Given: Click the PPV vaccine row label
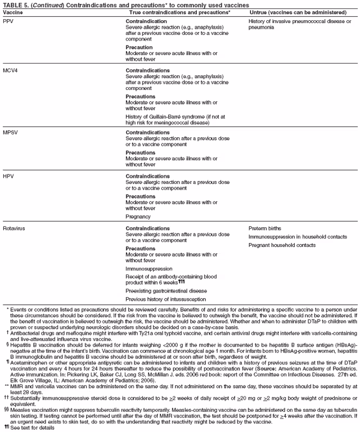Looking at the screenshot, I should [x=8, y=20].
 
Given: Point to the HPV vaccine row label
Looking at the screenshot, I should [x=8, y=176].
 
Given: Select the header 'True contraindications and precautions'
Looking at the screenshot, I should [x=179, y=12].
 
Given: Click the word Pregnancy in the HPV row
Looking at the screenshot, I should [x=138, y=216].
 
